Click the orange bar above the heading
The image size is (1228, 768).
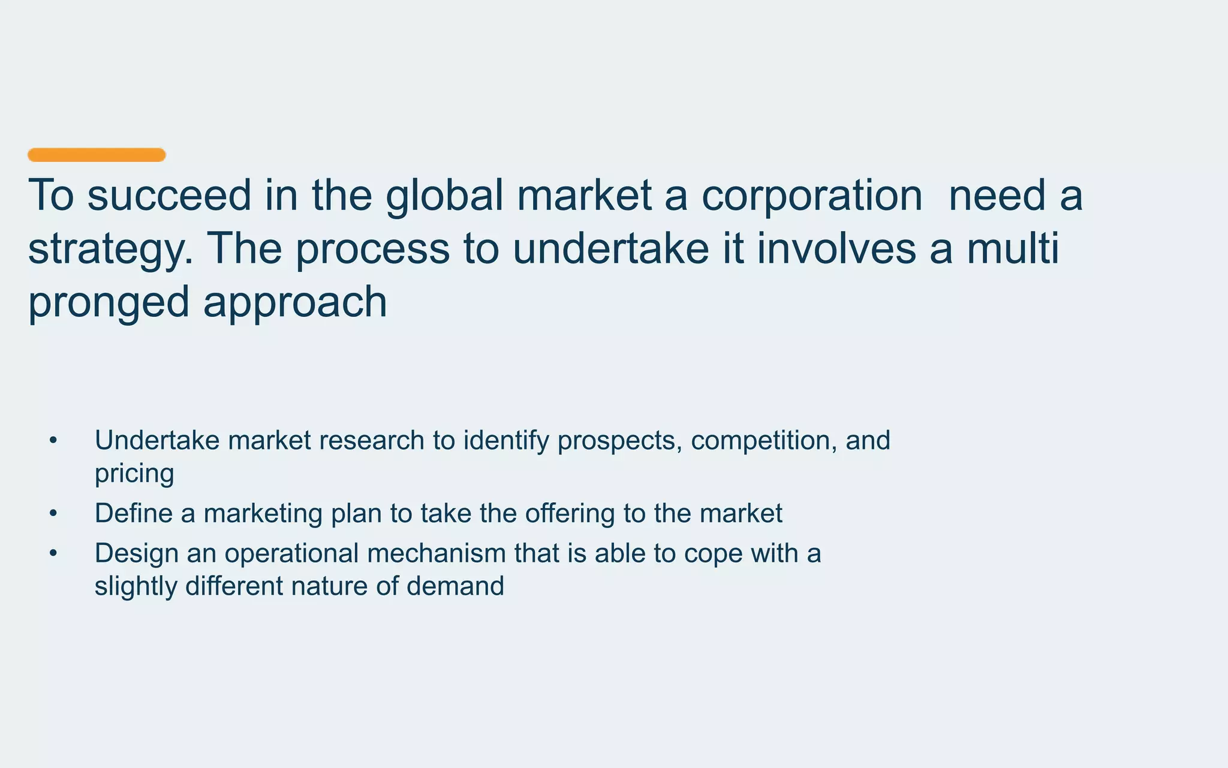point(97,155)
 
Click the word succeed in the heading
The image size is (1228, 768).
point(169,196)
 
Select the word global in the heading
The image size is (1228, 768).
point(444,196)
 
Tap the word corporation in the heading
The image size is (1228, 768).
point(811,196)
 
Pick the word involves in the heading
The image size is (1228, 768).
point(836,248)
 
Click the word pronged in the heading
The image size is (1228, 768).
point(109,302)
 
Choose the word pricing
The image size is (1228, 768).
point(134,474)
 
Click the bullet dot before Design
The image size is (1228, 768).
point(53,553)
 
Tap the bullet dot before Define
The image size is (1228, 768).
point(53,514)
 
